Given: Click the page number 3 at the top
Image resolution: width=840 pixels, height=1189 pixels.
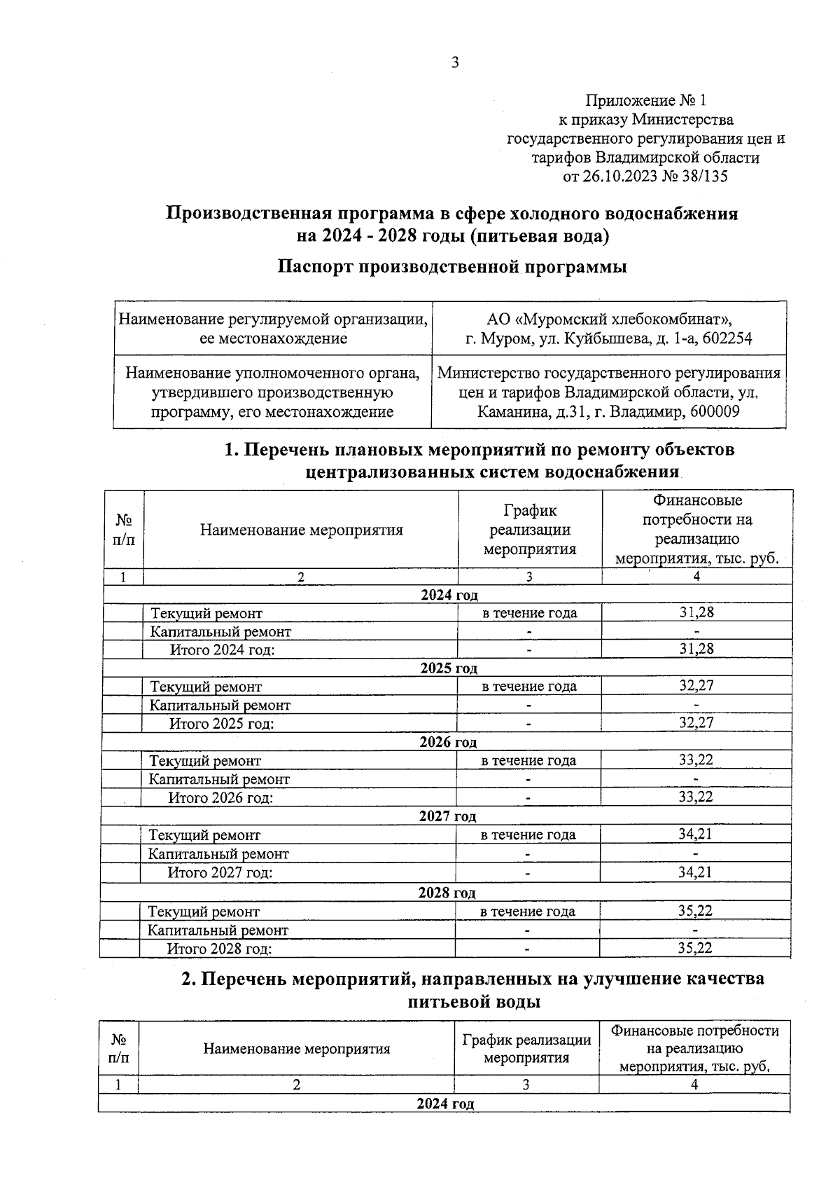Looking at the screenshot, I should click(x=455, y=62).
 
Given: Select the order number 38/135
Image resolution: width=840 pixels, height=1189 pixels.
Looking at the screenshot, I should click(x=705, y=176).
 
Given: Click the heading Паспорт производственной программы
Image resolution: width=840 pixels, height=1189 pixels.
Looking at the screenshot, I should click(x=451, y=267).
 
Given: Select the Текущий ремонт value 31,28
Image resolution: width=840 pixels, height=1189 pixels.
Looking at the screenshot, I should click(x=696, y=612).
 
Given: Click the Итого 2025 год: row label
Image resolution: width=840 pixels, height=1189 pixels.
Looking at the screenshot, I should click(x=221, y=723).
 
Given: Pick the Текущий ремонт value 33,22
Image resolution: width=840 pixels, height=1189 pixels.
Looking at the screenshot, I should click(x=695, y=760).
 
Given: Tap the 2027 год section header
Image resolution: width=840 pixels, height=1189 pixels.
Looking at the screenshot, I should click(x=447, y=816).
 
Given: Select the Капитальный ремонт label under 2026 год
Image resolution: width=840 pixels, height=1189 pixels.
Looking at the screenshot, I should click(x=219, y=778).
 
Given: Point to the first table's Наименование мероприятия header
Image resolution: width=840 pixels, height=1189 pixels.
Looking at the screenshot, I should click(x=301, y=530).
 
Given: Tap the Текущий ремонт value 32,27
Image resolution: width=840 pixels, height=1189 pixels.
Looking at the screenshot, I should click(x=696, y=685).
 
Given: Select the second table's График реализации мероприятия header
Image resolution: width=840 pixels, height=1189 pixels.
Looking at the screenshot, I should click(x=526, y=1048).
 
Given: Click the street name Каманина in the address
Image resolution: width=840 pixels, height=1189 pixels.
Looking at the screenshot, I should click(x=509, y=411).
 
